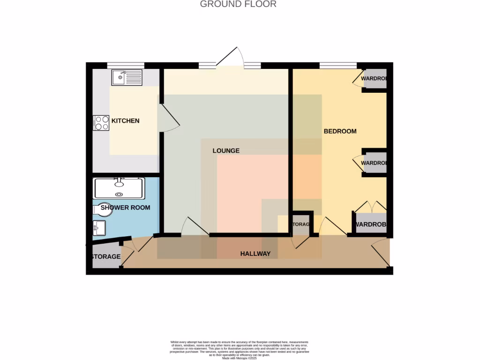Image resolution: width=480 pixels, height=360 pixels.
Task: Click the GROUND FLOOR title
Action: point(238,4)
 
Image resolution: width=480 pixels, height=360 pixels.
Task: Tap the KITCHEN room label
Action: point(125,121)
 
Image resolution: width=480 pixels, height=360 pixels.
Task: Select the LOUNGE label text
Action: point(226,151)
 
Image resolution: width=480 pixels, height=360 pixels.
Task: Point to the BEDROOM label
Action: point(340,131)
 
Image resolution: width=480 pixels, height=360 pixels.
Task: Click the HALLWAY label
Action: point(255,254)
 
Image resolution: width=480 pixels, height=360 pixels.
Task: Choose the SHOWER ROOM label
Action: point(125,207)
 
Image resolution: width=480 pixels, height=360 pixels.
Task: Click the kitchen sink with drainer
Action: point(127,78)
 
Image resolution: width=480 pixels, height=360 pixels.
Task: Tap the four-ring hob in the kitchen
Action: point(102,123)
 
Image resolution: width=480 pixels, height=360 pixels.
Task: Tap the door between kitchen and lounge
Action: point(169,117)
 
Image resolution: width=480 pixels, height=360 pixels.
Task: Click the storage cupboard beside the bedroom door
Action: point(301,225)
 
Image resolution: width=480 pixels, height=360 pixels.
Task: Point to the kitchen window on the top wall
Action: point(125,65)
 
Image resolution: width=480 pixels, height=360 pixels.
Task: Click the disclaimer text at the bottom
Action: point(239,350)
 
